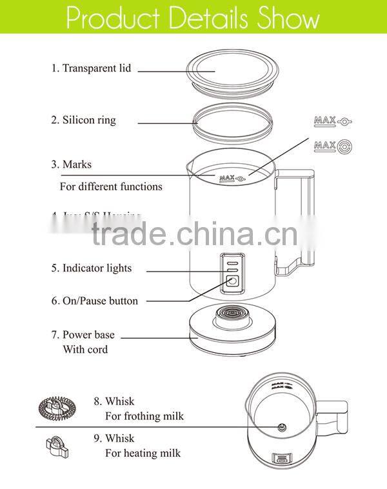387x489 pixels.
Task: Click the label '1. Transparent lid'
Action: [91, 68]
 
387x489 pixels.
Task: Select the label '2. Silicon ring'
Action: [84, 120]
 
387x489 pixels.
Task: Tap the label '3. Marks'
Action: [72, 165]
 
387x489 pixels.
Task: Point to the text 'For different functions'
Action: [111, 186]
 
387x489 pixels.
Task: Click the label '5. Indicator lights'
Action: [92, 268]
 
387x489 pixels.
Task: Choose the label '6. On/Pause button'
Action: [95, 301]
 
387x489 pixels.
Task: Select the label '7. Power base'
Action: [84, 335]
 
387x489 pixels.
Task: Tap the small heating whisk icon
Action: [56, 446]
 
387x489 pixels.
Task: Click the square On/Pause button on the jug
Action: [231, 281]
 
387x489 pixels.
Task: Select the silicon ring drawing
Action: [232, 121]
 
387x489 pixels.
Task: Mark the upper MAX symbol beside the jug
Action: [333, 121]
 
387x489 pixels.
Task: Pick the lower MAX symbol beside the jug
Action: [333, 146]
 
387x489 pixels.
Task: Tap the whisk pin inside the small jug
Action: [282, 426]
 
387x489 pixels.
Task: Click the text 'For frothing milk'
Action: [144, 416]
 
